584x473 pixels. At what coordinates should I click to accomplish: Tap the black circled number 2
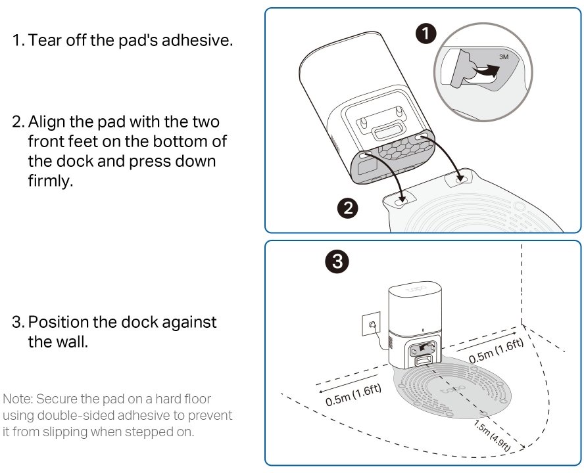[x=347, y=208]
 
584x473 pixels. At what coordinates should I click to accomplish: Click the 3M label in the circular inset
[x=504, y=57]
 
